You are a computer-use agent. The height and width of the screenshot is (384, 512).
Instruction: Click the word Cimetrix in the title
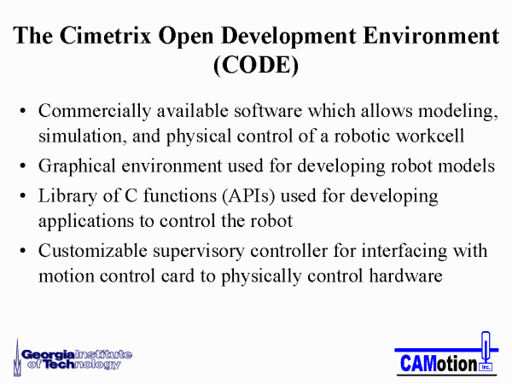click(106, 35)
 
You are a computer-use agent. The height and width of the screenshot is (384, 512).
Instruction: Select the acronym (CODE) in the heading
click(256, 65)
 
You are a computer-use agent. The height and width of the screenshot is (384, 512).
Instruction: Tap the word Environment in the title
click(431, 35)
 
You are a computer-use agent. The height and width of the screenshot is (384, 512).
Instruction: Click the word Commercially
click(95, 112)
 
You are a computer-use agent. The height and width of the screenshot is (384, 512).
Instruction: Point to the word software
click(268, 111)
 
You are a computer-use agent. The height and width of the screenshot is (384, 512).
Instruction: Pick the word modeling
click(458, 112)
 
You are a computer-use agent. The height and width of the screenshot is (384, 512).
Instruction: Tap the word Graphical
click(77, 166)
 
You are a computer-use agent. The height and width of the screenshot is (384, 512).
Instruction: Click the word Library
click(67, 196)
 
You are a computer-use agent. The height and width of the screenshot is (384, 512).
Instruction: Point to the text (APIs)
click(248, 196)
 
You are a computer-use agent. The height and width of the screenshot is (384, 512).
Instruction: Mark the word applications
click(86, 222)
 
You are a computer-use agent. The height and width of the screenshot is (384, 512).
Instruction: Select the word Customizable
click(93, 251)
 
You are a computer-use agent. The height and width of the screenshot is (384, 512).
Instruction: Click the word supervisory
click(199, 252)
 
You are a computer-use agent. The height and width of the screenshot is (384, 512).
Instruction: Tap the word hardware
click(406, 276)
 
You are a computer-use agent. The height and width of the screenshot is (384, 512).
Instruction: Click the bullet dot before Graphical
click(22, 166)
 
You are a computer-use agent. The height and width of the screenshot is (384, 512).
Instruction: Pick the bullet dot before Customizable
click(22, 251)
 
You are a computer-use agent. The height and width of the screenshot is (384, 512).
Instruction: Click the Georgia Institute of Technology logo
click(73, 358)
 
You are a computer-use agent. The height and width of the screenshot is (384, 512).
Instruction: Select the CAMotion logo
click(446, 353)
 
